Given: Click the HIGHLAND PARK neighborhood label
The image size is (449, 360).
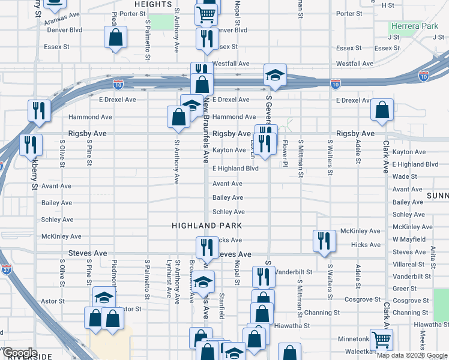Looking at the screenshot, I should tap(206, 226).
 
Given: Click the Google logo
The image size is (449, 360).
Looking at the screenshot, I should tap(19, 352).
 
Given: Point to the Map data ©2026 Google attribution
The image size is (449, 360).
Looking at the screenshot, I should tap(411, 356).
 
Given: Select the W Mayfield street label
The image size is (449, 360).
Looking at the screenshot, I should tap(412, 239).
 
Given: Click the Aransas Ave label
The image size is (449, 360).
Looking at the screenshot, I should tap(62, 14).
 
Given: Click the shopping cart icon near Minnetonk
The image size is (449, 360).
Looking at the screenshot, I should tap(382, 339).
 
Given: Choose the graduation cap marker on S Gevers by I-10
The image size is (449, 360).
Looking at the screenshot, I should tap(275, 75).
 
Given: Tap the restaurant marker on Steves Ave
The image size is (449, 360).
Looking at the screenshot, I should tap(206, 247).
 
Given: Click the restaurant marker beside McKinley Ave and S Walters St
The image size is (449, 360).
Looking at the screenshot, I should tap(324, 240).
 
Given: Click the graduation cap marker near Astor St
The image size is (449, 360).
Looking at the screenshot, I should tap(104, 297).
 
